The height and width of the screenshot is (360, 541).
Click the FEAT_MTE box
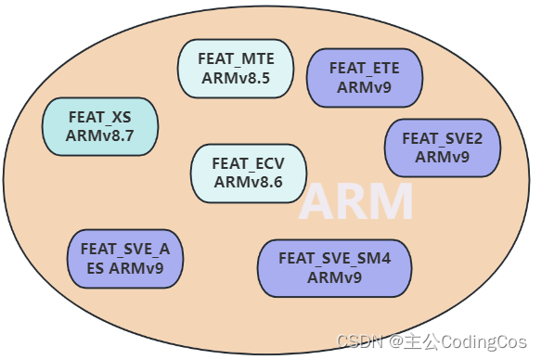[x=236, y=69]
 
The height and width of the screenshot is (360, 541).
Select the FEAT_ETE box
[x=364, y=77]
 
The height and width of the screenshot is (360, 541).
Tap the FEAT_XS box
[x=100, y=126]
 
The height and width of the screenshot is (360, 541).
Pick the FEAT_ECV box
[x=248, y=173]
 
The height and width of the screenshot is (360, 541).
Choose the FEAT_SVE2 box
[x=442, y=148]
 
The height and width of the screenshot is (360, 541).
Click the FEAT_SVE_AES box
[x=124, y=259]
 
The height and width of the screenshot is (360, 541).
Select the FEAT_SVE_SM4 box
[x=334, y=267]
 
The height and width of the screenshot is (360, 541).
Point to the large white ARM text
[x=355, y=202]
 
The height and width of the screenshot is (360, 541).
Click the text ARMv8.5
[x=236, y=78]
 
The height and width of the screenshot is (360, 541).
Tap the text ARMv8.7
[x=100, y=135]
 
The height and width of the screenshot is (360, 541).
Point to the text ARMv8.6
[x=248, y=182]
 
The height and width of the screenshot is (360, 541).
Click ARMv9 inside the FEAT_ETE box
[x=364, y=87]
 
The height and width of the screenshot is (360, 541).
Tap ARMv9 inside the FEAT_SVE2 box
[x=442, y=157]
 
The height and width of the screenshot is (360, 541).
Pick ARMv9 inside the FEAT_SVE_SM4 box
[x=334, y=276]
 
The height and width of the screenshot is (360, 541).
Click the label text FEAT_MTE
[x=236, y=58]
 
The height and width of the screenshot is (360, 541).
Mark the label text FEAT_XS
[x=100, y=117]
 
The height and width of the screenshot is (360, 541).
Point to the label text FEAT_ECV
[x=248, y=163]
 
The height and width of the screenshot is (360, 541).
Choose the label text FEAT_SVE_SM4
[x=334, y=258]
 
